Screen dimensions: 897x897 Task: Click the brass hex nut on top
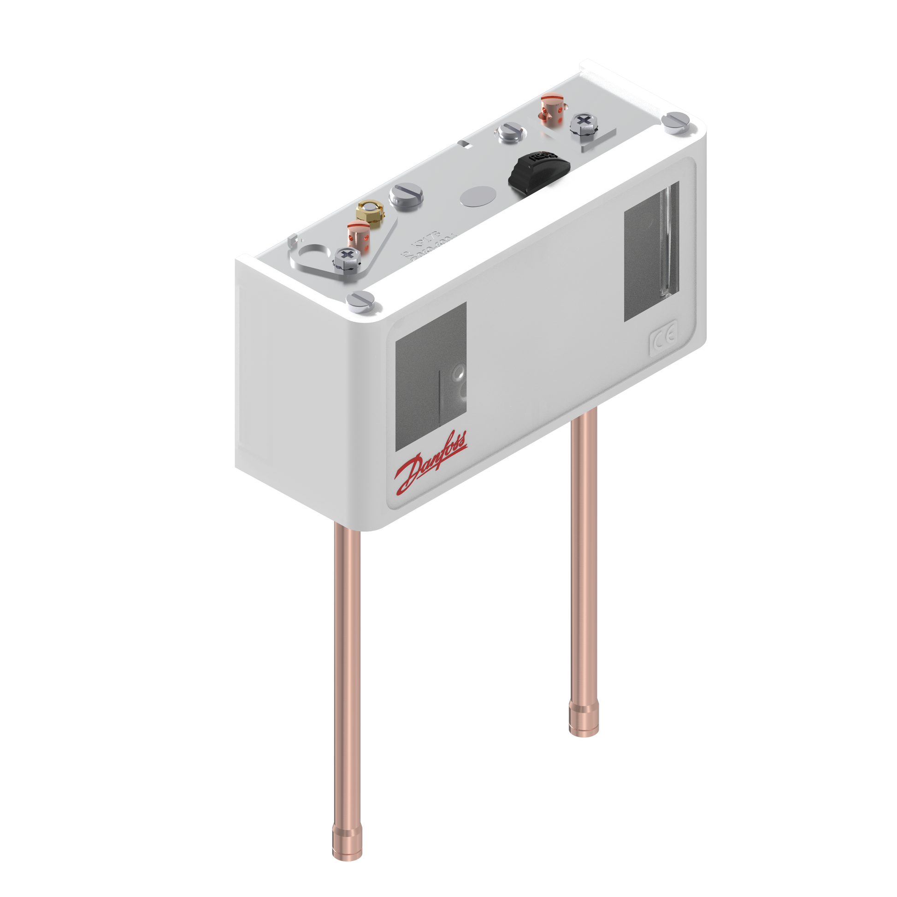369,212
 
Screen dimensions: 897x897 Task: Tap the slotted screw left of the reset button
510,133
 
